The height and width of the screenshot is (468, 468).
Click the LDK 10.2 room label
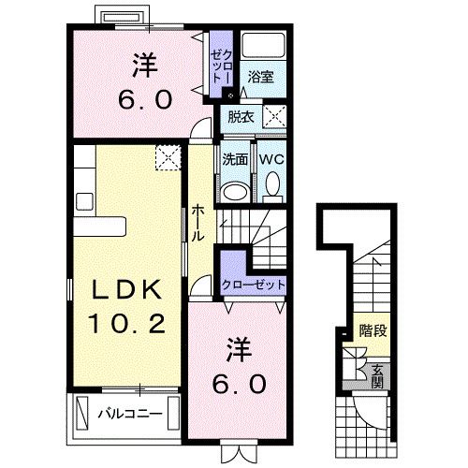(128, 307)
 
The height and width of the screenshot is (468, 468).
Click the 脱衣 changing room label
(236, 117)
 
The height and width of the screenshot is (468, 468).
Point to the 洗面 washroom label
(235, 159)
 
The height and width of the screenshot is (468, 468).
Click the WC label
(271, 159)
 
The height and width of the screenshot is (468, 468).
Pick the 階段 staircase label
(373, 329)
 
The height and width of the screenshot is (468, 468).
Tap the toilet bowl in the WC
(272, 189)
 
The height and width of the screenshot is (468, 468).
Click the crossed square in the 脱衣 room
(274, 117)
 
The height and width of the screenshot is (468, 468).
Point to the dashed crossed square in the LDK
(168, 157)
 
